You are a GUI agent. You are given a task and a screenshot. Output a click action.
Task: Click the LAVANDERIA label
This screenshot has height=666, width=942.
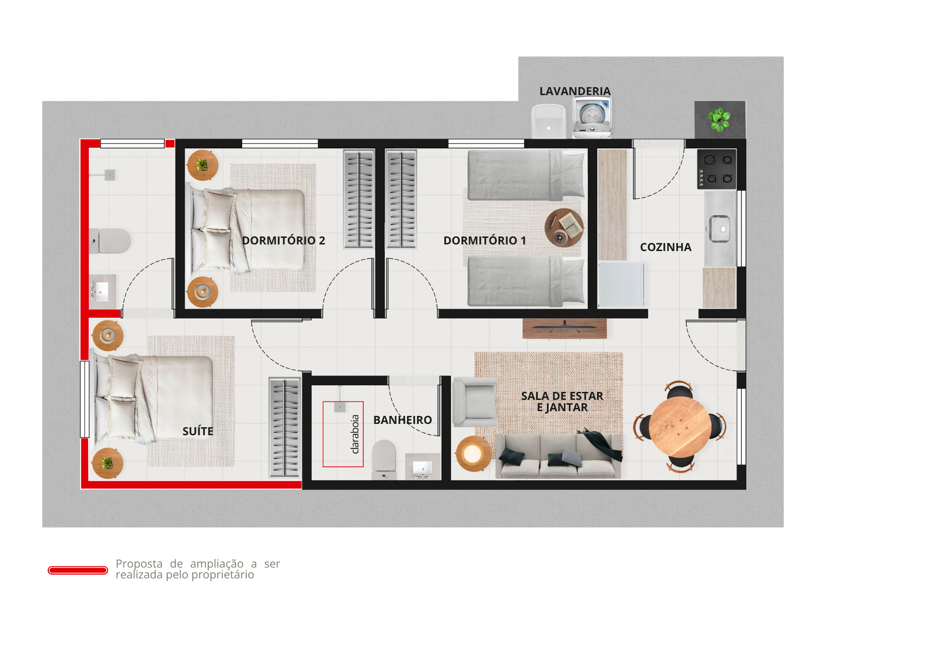575,91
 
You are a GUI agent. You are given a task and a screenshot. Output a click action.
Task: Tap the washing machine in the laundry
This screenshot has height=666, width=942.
592,117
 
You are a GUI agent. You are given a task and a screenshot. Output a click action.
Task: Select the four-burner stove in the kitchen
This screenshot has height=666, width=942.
716,169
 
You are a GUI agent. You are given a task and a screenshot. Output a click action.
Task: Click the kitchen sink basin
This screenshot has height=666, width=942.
720,229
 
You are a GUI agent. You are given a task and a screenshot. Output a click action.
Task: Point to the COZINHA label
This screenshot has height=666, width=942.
666,247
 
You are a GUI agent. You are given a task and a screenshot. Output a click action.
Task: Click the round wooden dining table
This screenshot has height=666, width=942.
680,427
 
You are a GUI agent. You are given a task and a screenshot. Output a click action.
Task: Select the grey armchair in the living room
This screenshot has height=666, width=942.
474,402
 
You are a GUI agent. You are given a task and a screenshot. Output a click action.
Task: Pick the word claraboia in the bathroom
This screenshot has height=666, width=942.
355,434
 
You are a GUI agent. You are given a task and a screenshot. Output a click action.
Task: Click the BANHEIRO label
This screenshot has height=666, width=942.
403,420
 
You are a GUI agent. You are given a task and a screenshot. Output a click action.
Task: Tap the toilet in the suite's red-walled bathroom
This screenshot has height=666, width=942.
110,241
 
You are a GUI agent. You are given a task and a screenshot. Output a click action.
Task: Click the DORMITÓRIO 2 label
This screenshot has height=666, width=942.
284,241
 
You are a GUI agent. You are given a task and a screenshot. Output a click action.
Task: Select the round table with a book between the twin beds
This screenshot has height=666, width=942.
564,228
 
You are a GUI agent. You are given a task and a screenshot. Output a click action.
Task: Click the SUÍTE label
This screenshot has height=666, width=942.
198,431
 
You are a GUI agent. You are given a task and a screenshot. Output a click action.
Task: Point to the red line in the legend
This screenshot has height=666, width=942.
78,570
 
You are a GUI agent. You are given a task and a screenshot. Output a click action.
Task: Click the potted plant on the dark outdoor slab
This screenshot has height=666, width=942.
719,119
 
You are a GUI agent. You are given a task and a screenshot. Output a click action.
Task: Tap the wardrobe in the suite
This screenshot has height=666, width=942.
284,428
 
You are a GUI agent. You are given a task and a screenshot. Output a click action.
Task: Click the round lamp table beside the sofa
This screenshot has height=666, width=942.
473,454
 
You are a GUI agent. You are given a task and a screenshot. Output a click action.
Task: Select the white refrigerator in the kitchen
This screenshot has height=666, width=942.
621,285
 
